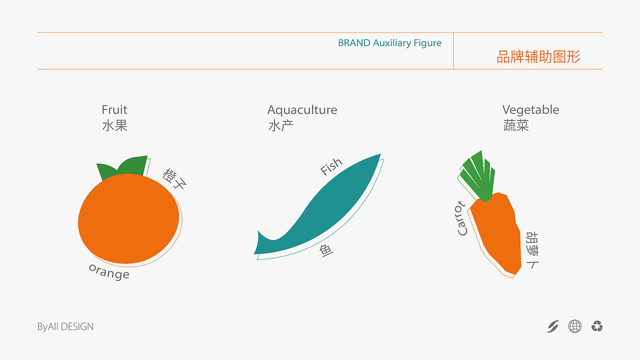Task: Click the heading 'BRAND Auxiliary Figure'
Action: [389, 43]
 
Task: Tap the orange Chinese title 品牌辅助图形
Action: [538, 57]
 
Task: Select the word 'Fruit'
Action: [114, 109]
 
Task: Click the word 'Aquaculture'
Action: [302, 109]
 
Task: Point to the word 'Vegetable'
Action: [530, 109]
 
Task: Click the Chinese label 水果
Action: [114, 125]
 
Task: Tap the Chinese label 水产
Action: [280, 125]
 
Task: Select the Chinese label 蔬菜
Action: [516, 125]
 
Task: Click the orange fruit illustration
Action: [128, 219]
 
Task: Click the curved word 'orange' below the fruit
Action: [109, 271]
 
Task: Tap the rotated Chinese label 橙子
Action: [174, 178]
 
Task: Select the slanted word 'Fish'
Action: [331, 166]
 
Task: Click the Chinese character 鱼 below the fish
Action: [326, 250]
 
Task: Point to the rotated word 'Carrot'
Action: [461, 218]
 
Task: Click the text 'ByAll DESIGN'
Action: [65, 327]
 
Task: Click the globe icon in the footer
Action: [575, 326]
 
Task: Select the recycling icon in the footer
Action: [596, 326]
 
